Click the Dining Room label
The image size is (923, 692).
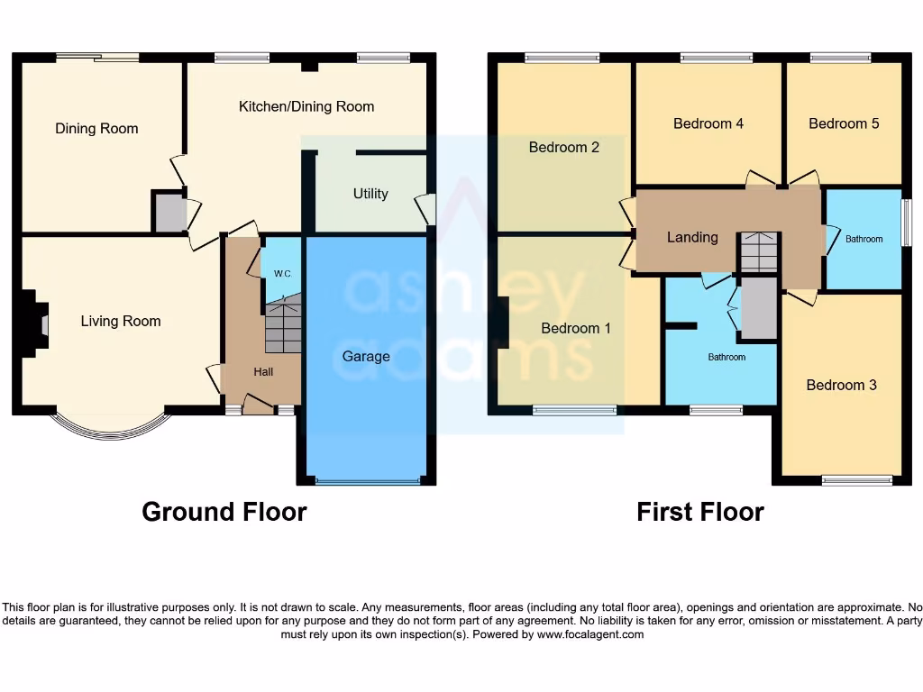coord(96,129)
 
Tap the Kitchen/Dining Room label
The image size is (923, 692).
coord(306,106)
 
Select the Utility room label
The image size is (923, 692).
coord(370,194)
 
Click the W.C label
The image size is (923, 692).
coord(282,273)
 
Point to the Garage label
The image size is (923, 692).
coord(366,356)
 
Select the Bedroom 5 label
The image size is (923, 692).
coord(844,123)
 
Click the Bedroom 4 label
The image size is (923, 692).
coord(708,123)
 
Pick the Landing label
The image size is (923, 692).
coord(692,237)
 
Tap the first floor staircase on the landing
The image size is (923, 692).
coord(759,251)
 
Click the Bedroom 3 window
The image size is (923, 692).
coord(857,480)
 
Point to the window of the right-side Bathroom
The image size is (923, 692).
coord(905,222)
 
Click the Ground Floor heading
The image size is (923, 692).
coord(224,512)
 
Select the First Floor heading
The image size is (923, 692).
coord(700,512)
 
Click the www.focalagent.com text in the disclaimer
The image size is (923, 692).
coord(590,634)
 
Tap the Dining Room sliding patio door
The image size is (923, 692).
coord(97,58)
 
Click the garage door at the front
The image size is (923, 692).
coord(367,481)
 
